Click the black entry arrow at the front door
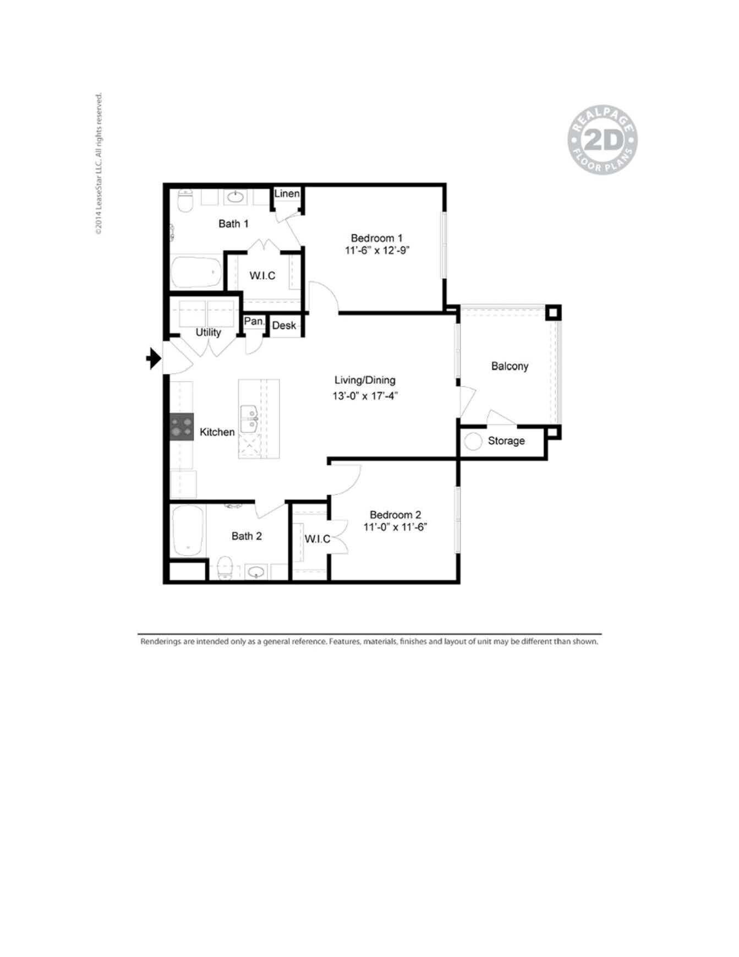[154, 359]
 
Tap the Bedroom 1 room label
[376, 238]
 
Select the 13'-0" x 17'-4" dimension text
[365, 395]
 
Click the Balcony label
[510, 366]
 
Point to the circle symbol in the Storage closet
[473, 441]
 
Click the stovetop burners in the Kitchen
[182, 426]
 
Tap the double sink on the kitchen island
[250, 419]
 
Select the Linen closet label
[287, 193]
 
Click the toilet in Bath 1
[186, 201]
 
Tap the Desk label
[284, 325]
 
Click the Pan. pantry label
[254, 321]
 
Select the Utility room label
[208, 332]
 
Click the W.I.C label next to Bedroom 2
[317, 539]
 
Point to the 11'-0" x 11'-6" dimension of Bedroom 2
[395, 527]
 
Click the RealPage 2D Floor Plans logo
[603, 142]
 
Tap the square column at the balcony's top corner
[553, 313]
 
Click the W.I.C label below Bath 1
[262, 275]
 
